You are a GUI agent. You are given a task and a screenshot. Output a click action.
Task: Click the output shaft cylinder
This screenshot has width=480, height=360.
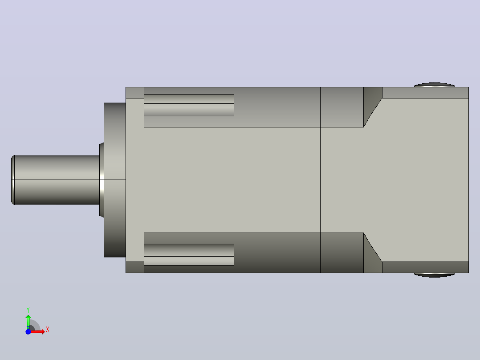pos(57,180)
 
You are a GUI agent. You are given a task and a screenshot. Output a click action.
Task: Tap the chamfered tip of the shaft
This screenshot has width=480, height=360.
pos(13,180)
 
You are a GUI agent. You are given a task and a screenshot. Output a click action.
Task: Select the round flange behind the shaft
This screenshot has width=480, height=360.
pos(115,180)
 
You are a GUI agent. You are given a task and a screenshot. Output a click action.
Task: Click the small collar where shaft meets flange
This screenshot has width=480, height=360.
pos(102,180)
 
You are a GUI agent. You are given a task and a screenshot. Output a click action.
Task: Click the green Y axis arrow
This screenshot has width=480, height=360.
pos(28,321)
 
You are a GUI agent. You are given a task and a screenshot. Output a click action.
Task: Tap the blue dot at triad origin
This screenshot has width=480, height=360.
pos(28,331)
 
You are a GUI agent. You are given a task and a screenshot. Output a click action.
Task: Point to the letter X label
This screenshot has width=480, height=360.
pos(48,330)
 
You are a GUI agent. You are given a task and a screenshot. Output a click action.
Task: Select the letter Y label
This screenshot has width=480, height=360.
pos(28,310)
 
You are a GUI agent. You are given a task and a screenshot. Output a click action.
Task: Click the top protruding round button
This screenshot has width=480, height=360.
pos(435,85)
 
